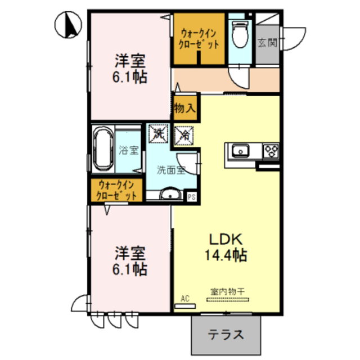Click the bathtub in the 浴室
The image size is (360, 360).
(103, 150)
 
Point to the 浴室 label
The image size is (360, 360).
(129, 150)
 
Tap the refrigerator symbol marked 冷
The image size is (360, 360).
(184, 135)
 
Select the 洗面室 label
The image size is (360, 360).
(170, 169)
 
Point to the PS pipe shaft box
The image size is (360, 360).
(192, 197)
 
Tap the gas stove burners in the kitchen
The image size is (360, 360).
(271, 151)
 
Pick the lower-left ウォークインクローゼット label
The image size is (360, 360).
(117, 190)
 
